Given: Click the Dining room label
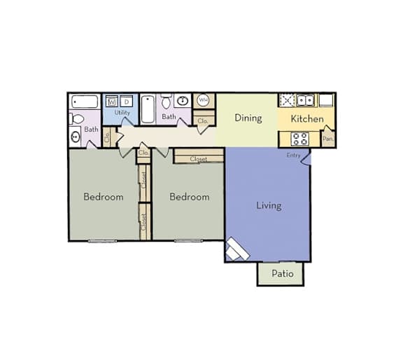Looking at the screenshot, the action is (x=248, y=118).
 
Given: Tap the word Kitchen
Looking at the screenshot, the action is (x=307, y=119).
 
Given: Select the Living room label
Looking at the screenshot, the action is (x=269, y=206).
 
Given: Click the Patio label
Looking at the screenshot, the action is (x=283, y=273).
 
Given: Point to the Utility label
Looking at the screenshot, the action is (x=122, y=113).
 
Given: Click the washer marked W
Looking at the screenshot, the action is (x=112, y=102).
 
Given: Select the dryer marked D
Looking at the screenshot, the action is (x=127, y=102).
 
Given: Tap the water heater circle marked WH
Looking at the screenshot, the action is (x=204, y=100).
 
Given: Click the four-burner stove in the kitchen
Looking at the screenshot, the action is (x=300, y=139).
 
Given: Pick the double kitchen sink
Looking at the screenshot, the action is (x=306, y=100).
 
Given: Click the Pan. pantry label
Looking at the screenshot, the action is (x=328, y=139).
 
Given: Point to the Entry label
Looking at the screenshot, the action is (x=293, y=155).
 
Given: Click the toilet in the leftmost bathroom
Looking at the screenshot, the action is (x=76, y=119).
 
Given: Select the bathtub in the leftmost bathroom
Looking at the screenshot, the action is (x=85, y=102).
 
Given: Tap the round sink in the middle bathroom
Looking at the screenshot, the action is (x=183, y=100).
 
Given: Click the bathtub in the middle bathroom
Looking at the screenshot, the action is (x=148, y=109).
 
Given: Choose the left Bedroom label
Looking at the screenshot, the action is (x=104, y=197).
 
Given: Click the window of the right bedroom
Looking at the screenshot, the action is (x=188, y=241).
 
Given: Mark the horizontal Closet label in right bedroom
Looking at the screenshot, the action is (x=199, y=159).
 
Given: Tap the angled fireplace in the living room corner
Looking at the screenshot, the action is (x=237, y=249).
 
